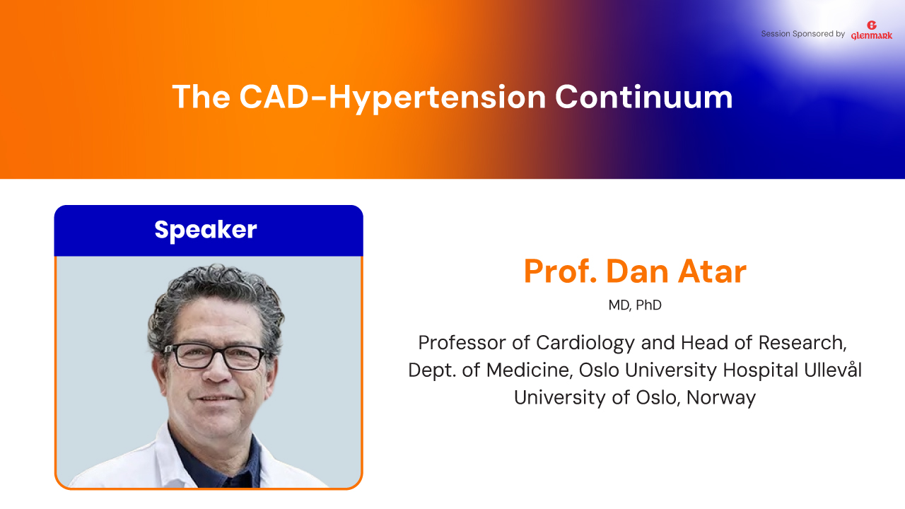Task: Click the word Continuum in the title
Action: (x=643, y=98)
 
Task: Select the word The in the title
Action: (x=201, y=97)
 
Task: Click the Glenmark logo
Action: (x=872, y=30)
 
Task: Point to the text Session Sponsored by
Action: (x=802, y=34)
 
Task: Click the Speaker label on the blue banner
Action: (x=206, y=230)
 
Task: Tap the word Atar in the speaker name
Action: (x=712, y=271)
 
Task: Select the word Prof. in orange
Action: (x=560, y=271)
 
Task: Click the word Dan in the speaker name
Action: (x=637, y=271)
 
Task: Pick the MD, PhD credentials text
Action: (x=635, y=305)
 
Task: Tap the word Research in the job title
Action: (x=802, y=343)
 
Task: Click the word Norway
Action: (x=720, y=398)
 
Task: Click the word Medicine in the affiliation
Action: (x=530, y=370)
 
